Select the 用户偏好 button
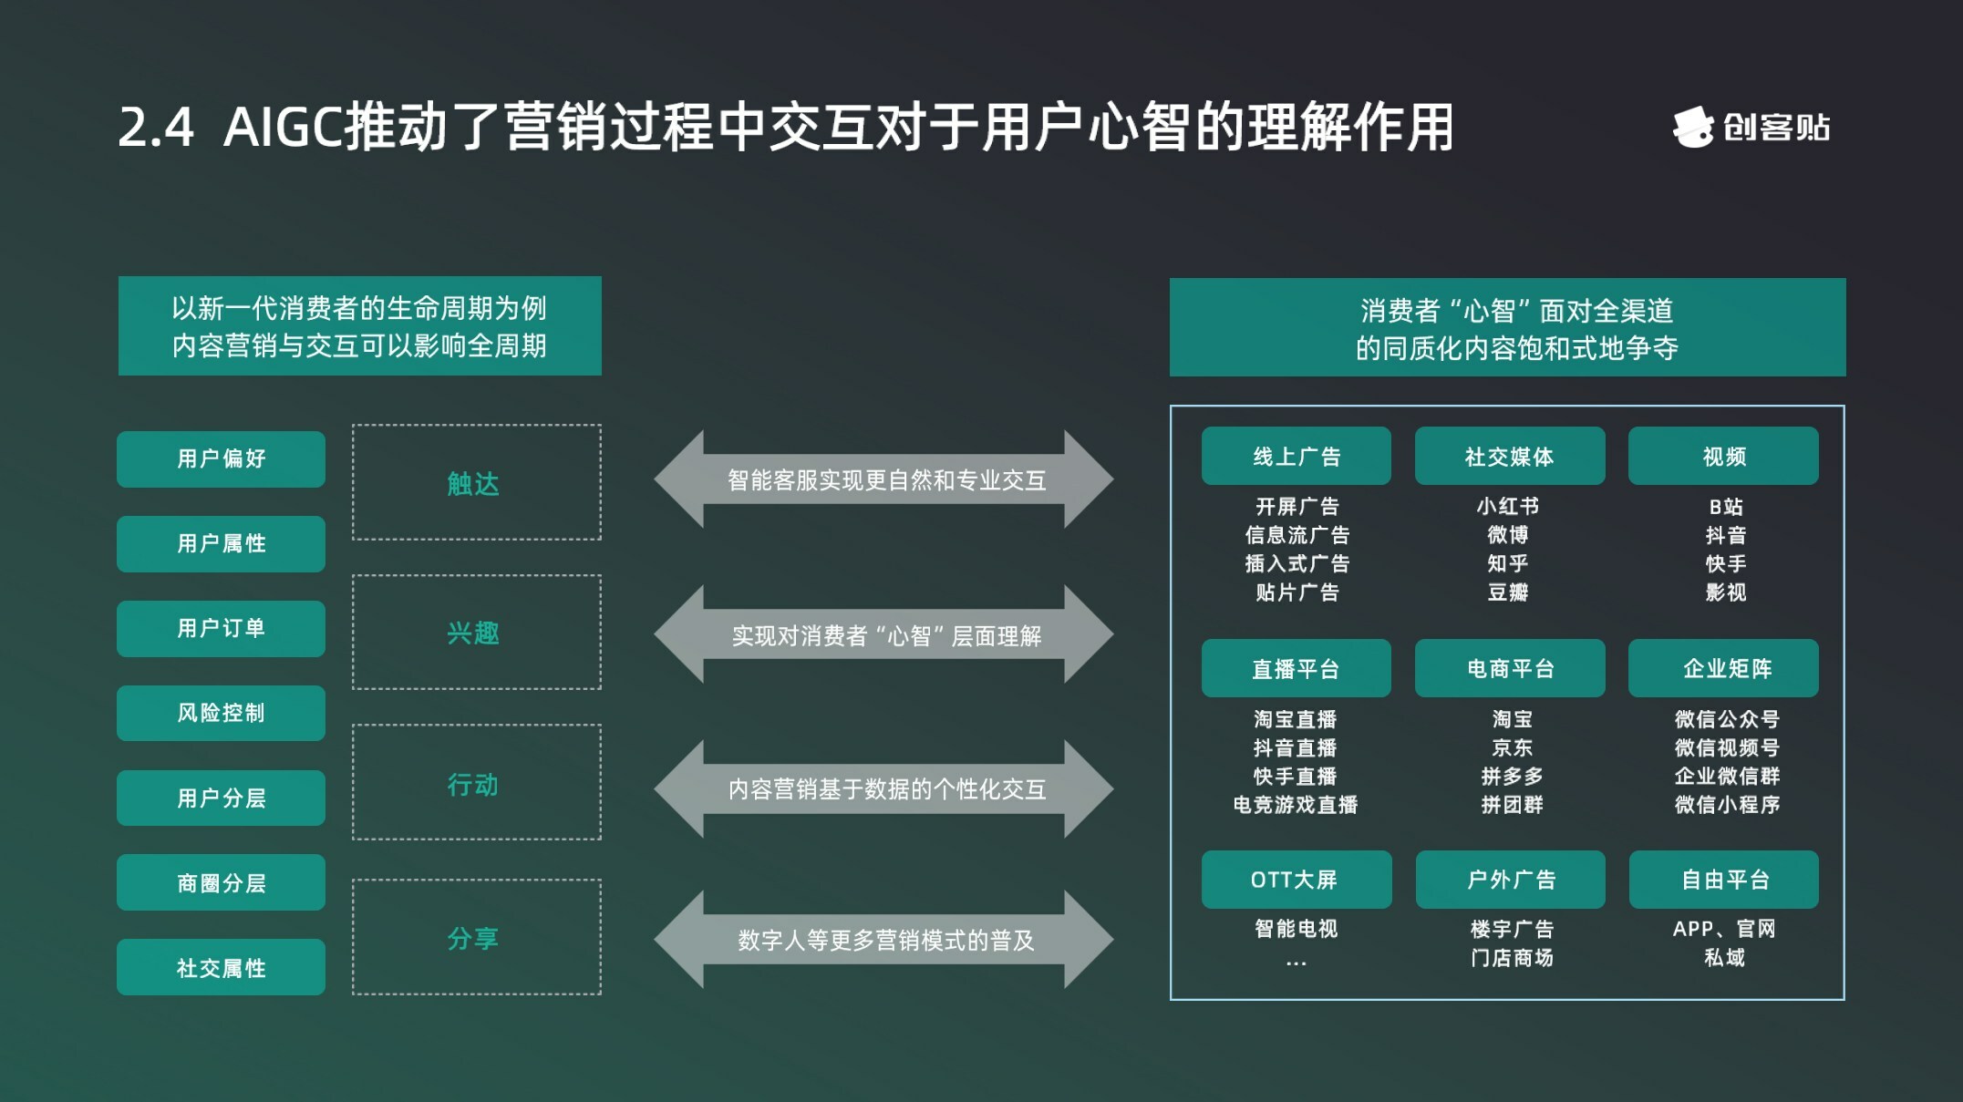click(x=221, y=458)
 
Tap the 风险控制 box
click(x=221, y=713)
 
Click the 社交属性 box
click(x=221, y=967)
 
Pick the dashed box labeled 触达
click(x=476, y=482)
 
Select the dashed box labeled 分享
click(x=476, y=937)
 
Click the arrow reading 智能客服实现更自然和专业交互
click(x=884, y=479)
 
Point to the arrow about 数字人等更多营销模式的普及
click(x=884, y=940)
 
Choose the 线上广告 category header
click(x=1296, y=456)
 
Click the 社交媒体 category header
click(x=1509, y=456)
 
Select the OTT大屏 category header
click(x=1296, y=880)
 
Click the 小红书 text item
click(x=1508, y=506)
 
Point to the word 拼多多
click(x=1512, y=776)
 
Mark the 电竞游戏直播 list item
click(x=1296, y=805)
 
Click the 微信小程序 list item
click(x=1727, y=805)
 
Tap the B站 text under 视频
click(x=1725, y=506)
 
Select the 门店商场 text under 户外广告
click(x=1512, y=958)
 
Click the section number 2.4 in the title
click(x=156, y=128)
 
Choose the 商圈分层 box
click(x=221, y=882)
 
